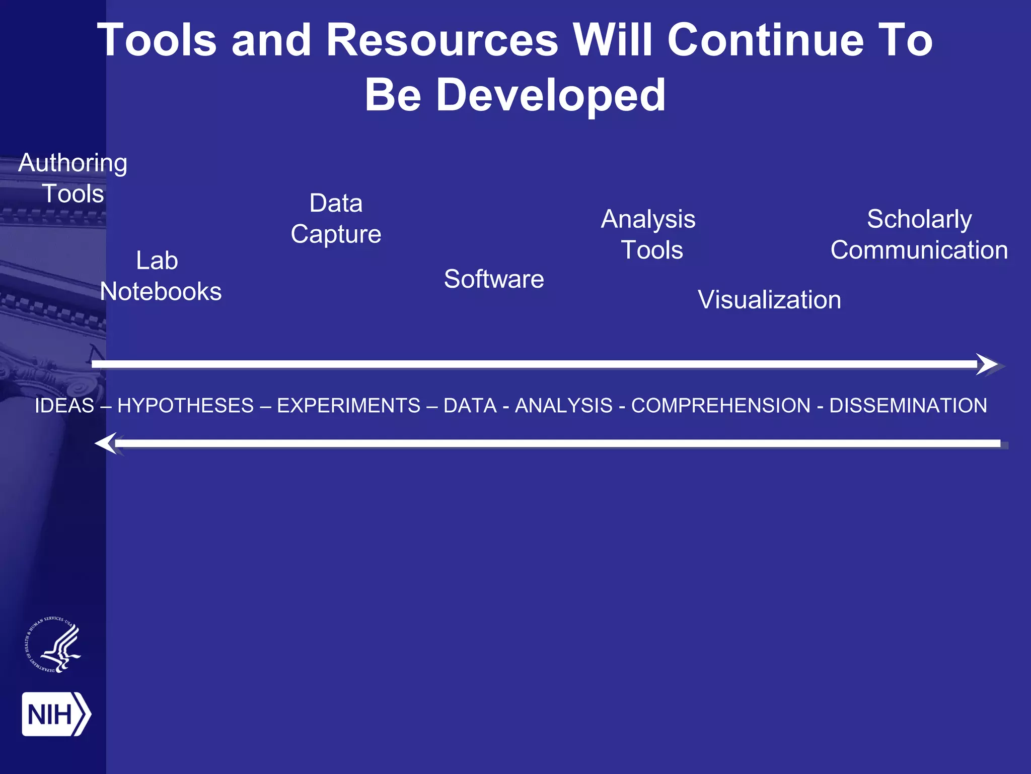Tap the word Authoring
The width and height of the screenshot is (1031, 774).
(73, 163)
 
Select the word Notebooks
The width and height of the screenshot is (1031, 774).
(161, 292)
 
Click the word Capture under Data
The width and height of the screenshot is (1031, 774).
(336, 234)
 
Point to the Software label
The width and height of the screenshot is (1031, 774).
(494, 279)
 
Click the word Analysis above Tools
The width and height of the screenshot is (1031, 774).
(648, 219)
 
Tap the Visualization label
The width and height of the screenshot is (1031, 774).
(769, 300)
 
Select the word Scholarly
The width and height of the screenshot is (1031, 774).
(919, 219)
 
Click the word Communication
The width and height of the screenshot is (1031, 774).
(919, 250)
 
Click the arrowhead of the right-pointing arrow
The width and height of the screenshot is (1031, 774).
(988, 364)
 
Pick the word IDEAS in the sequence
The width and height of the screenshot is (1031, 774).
(64, 406)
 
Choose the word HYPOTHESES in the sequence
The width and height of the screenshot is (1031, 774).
(185, 406)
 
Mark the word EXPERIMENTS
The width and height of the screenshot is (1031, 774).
(348, 406)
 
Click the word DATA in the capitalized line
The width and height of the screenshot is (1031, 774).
(470, 406)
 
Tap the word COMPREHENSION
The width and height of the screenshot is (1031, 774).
(720, 406)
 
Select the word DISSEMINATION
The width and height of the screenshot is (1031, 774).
(908, 406)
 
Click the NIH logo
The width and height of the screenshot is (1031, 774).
(56, 714)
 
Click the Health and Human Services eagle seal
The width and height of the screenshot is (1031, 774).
(53, 644)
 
